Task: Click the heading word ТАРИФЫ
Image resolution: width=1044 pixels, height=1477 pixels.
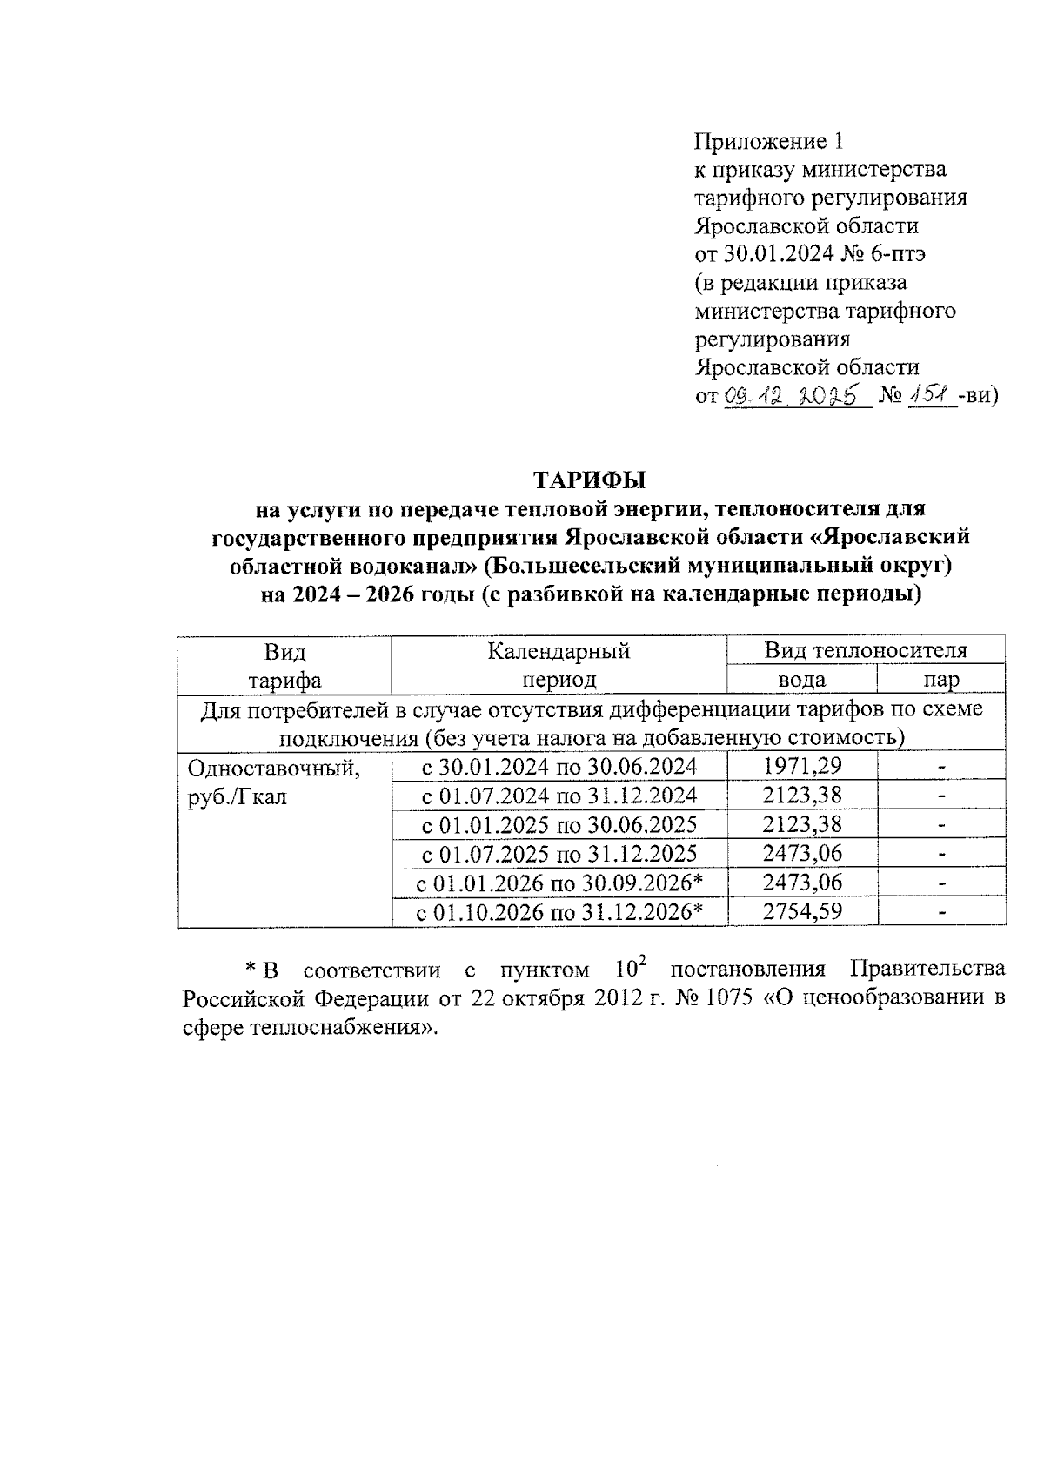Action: [x=591, y=480]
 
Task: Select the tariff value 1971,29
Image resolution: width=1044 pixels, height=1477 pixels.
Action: [x=802, y=767]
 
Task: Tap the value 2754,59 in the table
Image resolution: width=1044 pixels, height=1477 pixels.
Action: [x=802, y=911]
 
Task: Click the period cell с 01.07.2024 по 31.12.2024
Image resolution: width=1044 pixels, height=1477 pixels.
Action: [x=559, y=796]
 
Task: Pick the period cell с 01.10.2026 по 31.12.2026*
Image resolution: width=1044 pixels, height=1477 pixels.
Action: [x=559, y=911]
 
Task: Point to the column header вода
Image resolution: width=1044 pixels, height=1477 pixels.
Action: [x=801, y=680]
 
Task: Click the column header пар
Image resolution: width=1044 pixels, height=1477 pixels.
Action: [x=941, y=680]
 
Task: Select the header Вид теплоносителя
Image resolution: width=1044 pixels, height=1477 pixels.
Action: [x=866, y=650]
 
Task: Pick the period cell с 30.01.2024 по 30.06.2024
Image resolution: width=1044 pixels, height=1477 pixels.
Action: [x=559, y=767]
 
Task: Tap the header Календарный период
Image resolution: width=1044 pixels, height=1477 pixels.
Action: [x=559, y=665]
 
